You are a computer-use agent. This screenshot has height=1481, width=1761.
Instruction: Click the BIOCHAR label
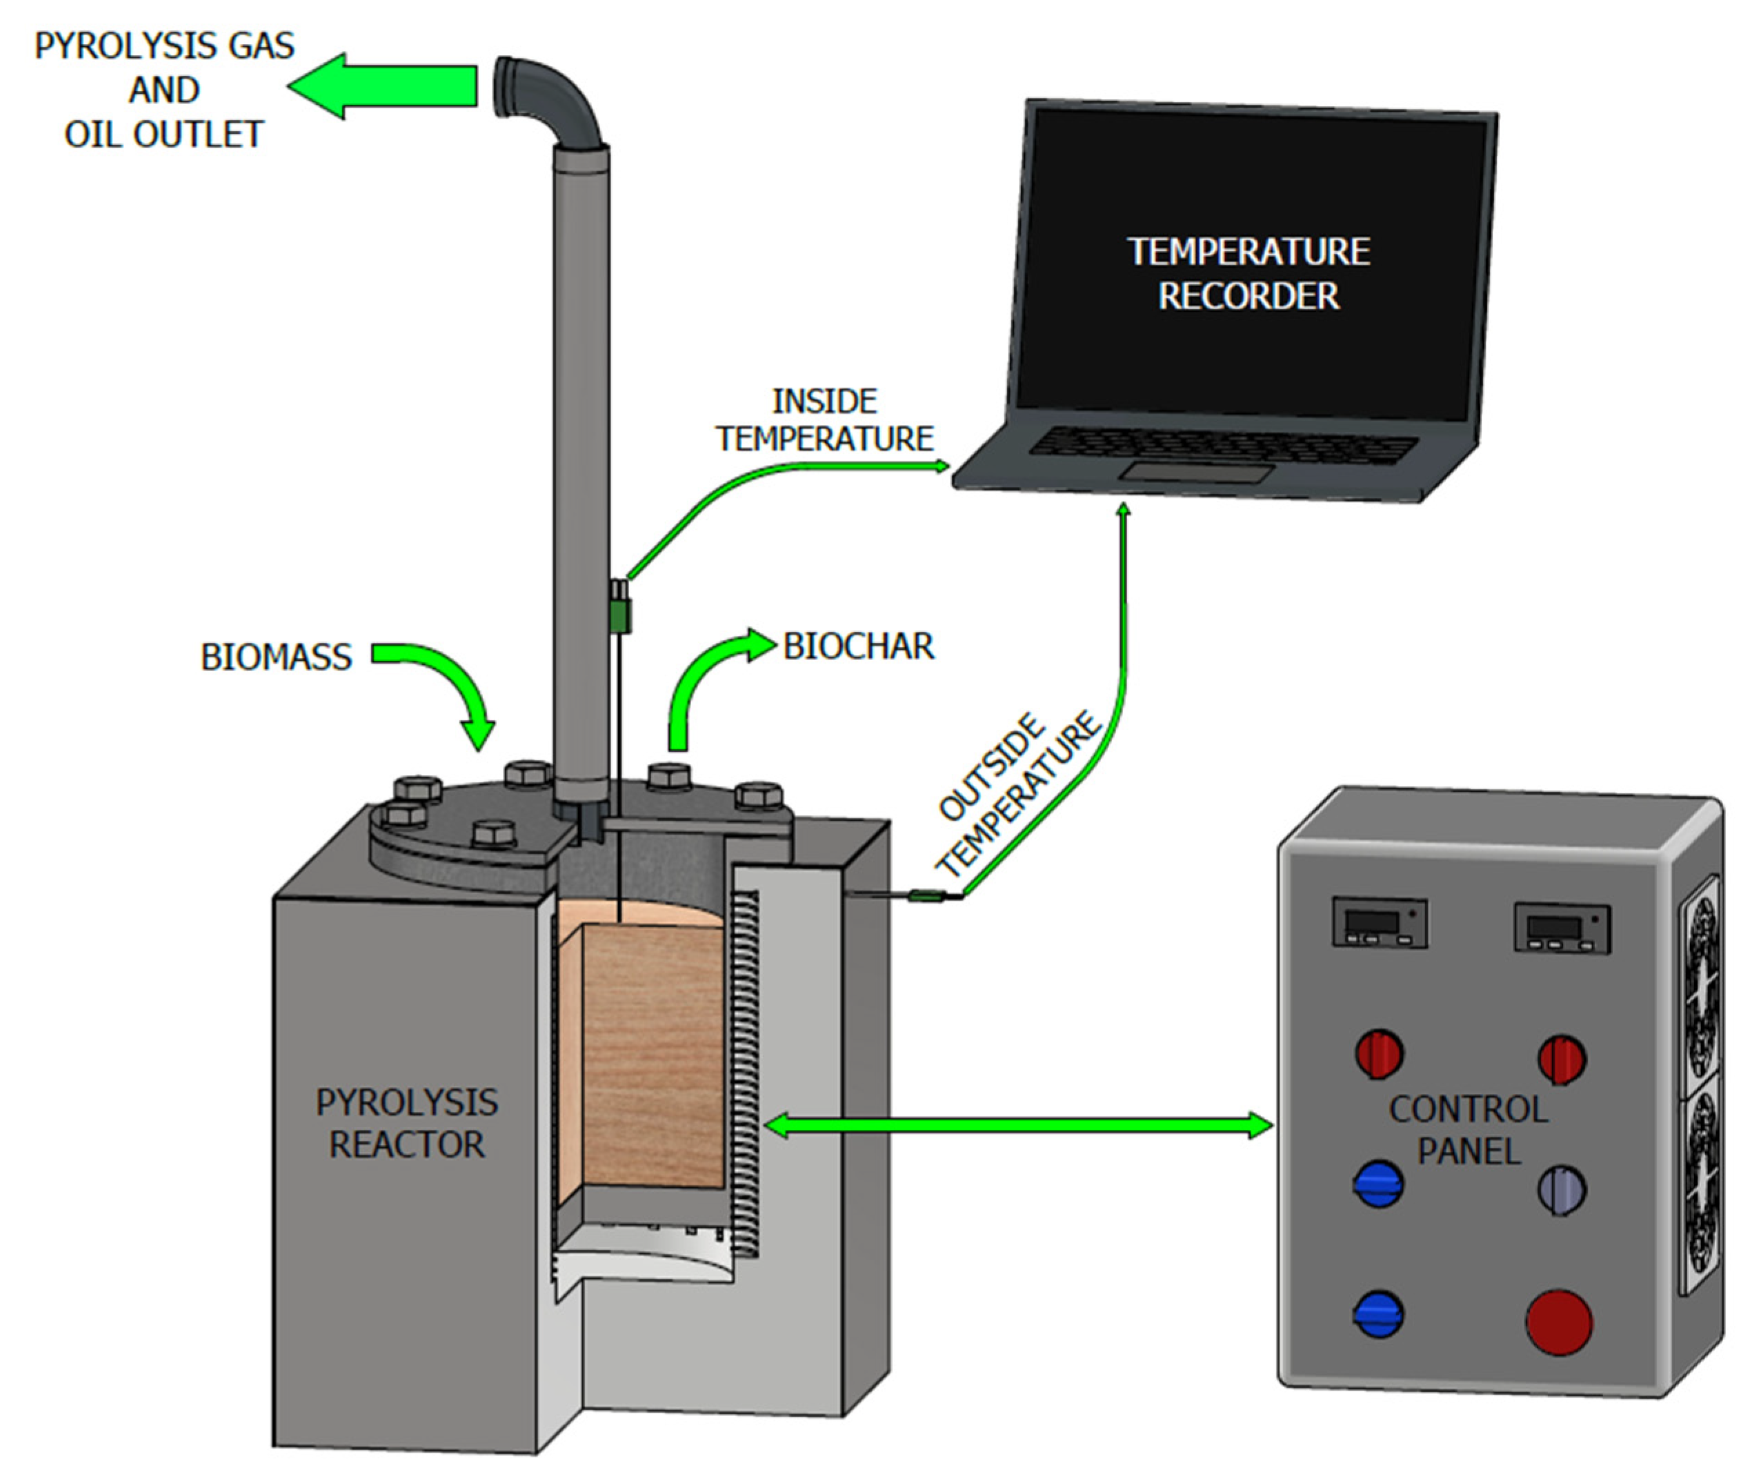(858, 646)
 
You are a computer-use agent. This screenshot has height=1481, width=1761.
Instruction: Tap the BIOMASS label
(276, 657)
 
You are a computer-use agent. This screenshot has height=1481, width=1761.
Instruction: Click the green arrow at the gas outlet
(382, 86)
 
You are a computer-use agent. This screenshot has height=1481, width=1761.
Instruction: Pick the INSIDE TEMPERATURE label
(824, 420)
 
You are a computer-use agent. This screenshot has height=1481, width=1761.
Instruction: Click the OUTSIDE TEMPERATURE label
(1017, 793)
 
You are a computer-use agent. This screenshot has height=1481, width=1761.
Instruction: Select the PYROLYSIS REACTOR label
(407, 1124)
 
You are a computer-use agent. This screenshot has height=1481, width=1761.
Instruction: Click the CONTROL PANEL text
(1469, 1130)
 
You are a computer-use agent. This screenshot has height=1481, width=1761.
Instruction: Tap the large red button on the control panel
(1559, 1323)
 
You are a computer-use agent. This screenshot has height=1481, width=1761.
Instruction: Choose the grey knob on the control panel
(1561, 1190)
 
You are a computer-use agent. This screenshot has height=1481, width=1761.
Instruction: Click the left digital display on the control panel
(1380, 923)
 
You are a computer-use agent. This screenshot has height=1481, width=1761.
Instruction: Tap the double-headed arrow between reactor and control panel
(1020, 1125)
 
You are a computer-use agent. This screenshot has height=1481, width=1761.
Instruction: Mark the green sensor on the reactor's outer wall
(926, 896)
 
